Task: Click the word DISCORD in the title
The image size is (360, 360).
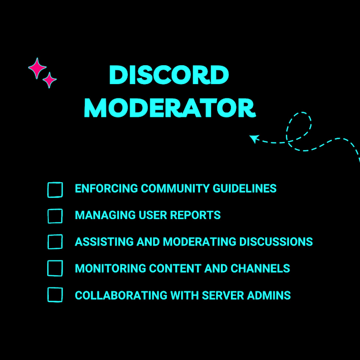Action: (169, 75)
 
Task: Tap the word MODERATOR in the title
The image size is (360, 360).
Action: (170, 107)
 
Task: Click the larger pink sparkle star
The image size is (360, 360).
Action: (37, 68)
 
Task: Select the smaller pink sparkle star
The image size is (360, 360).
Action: (50, 80)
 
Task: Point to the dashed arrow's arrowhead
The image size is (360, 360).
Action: (254, 139)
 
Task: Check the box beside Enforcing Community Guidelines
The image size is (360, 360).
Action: (55, 190)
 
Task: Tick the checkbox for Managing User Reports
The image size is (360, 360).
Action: (55, 216)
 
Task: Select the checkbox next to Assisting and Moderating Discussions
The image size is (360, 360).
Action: (55, 242)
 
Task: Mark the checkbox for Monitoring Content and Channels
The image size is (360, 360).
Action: (55, 268)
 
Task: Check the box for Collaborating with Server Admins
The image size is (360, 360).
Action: (55, 295)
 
